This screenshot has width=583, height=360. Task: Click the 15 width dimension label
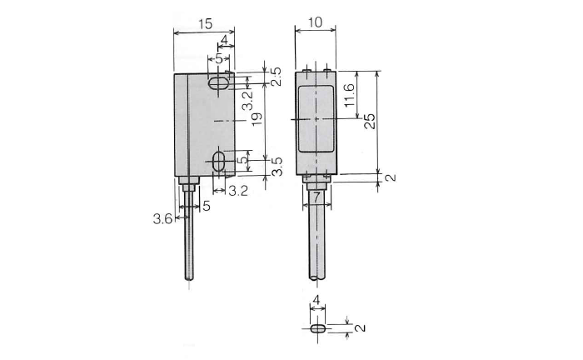point(205,24)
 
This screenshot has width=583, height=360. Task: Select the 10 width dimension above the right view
point(315,22)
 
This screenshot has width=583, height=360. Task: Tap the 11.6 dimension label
point(350,95)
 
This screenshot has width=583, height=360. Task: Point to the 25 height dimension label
point(370,121)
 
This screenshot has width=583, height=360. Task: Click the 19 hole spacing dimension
point(257,118)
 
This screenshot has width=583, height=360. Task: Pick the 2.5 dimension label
point(276,77)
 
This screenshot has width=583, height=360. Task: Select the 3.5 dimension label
point(277,167)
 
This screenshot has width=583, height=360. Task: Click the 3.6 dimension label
point(162,218)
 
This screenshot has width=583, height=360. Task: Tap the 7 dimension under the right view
point(316,197)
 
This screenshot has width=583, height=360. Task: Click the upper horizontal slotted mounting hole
point(218,83)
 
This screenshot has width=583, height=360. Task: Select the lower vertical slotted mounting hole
point(218,162)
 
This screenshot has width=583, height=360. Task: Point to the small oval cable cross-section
point(318,329)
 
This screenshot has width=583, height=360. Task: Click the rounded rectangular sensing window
point(316,118)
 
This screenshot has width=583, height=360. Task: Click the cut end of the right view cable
point(316,277)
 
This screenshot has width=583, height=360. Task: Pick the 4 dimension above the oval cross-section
point(316,299)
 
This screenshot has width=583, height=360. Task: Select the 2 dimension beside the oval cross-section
point(360,327)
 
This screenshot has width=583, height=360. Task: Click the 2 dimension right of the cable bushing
point(390,178)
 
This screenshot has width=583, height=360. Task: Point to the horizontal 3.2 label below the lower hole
point(238,191)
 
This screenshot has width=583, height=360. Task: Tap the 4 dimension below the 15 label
point(224,40)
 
